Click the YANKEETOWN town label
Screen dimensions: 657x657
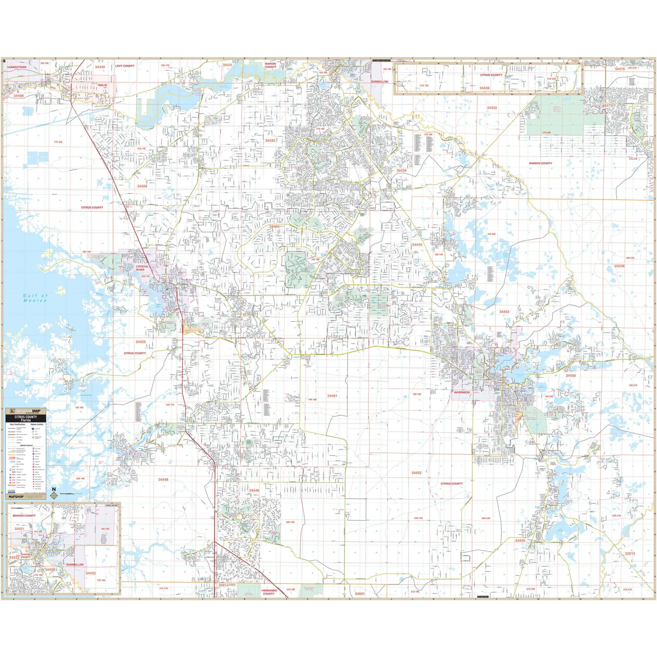click(17, 67)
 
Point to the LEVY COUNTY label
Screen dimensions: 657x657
click(125, 66)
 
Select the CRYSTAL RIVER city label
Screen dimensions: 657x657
click(142, 268)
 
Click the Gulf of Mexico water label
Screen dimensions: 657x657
click(35, 298)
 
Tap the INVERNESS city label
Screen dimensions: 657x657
click(462, 393)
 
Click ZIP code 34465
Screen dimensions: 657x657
click(274, 226)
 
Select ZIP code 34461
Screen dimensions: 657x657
click(332, 396)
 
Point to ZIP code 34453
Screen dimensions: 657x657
click(504, 312)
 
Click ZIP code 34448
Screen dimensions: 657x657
click(163, 480)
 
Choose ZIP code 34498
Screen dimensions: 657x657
click(19, 96)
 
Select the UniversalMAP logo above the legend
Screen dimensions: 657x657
click(26, 411)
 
